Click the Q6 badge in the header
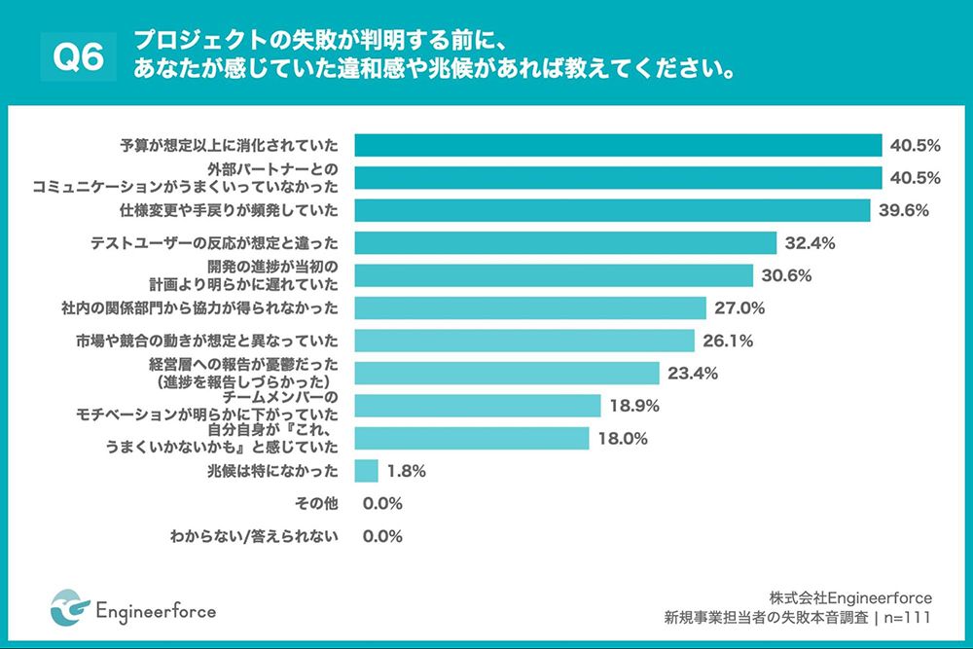tap(78, 57)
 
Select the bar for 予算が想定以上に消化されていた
tap(617, 146)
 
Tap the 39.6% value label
tap(904, 210)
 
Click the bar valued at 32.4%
tap(564, 243)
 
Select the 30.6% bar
tap(553, 275)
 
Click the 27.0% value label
tap(739, 308)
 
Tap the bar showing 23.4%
tap(507, 374)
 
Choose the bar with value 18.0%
tap(471, 438)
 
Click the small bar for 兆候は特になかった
tap(366, 471)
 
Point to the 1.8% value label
tap(406, 471)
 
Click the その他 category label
tap(317, 503)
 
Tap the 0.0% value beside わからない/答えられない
tap(382, 536)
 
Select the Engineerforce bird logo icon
tap(69, 608)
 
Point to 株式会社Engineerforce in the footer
tap(849, 596)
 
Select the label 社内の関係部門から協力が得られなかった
tap(199, 308)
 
